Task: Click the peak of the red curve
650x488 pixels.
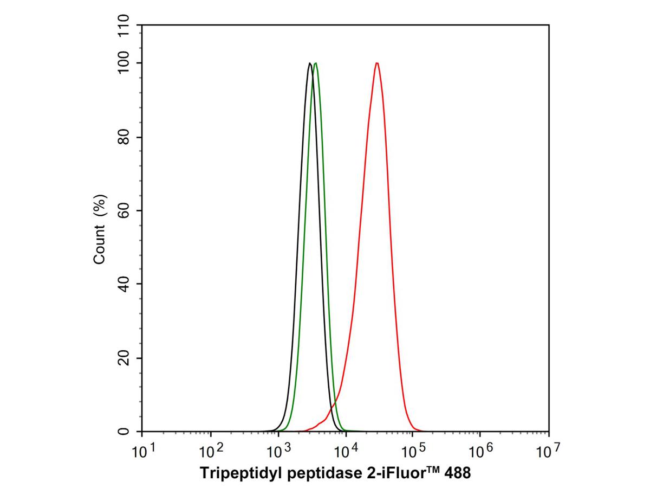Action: (x=376, y=63)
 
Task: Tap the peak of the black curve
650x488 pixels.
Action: (x=310, y=63)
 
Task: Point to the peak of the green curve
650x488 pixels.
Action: (x=316, y=63)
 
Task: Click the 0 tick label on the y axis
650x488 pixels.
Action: (x=124, y=432)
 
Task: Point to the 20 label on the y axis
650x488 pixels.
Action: (x=124, y=358)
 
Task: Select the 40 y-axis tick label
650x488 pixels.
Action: (x=124, y=284)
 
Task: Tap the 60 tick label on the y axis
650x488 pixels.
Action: (x=124, y=210)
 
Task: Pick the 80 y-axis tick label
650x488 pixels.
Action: (x=124, y=137)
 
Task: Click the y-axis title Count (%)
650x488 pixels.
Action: (x=100, y=229)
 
